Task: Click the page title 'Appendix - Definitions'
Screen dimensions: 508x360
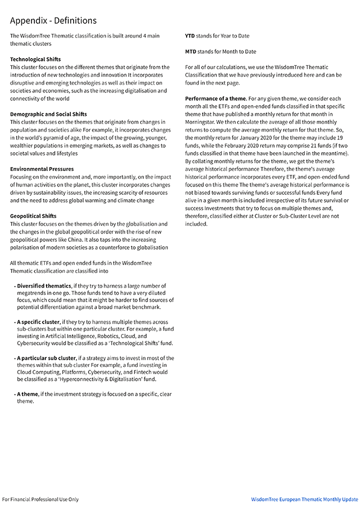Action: click(53, 21)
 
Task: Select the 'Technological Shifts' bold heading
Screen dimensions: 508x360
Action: click(35, 59)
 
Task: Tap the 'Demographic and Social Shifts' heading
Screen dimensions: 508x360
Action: click(48, 114)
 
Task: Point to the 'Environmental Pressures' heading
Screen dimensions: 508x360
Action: click(42, 169)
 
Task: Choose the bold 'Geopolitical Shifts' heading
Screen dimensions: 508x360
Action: click(33, 216)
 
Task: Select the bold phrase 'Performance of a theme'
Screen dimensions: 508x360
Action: click(215, 99)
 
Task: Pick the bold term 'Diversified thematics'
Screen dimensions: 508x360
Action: click(44, 286)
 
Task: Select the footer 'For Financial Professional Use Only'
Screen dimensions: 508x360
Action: click(40, 499)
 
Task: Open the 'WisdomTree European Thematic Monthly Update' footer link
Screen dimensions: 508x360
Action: click(305, 499)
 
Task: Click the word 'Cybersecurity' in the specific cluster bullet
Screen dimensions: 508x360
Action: click(35, 343)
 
